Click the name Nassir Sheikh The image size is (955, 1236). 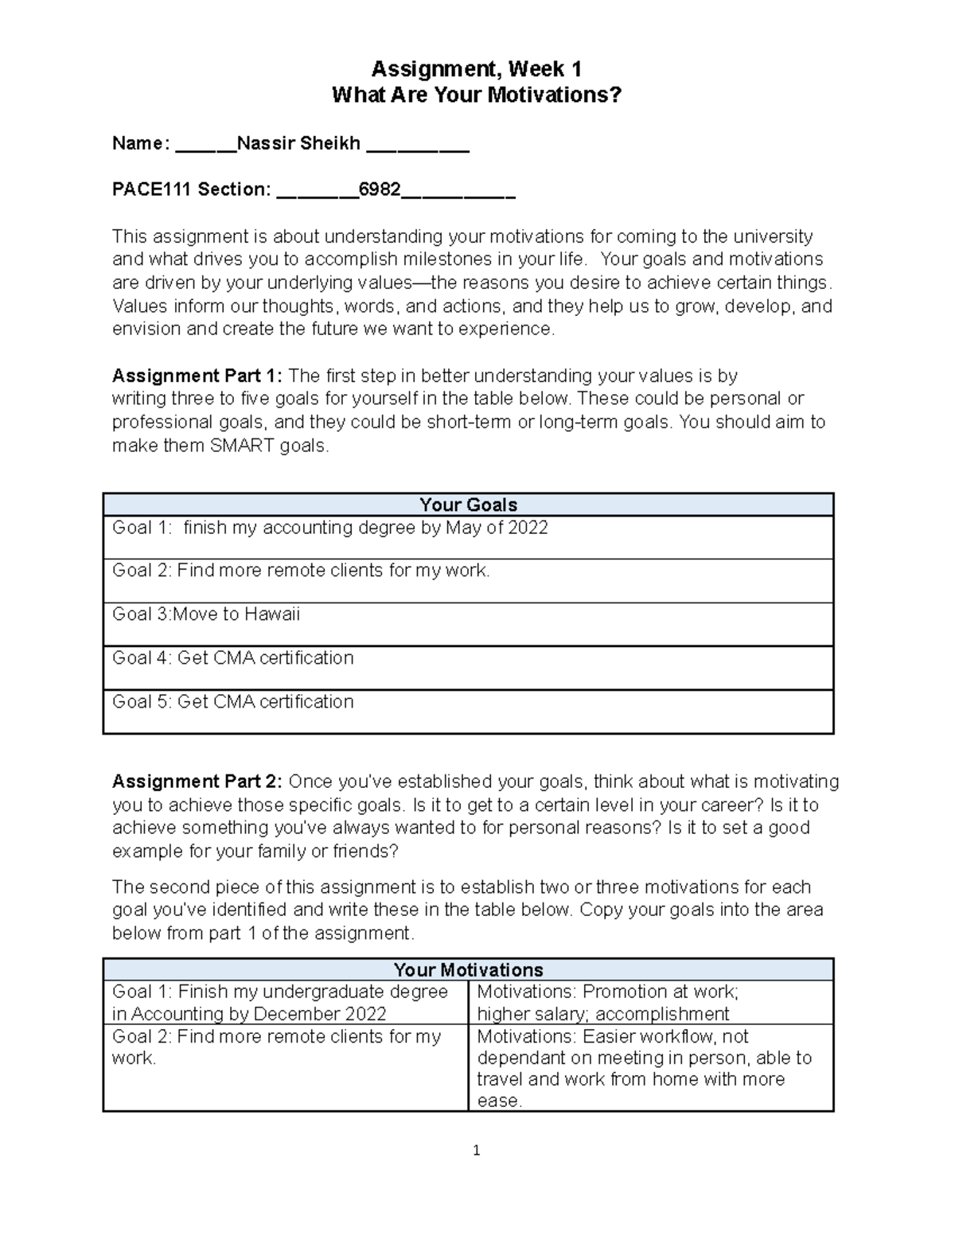coord(298,143)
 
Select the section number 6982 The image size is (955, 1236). coord(380,189)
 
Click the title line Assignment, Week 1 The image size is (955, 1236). coord(476,69)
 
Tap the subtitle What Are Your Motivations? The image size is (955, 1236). coord(476,96)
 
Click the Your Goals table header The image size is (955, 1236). coord(468,505)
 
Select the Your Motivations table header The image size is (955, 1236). coord(468,969)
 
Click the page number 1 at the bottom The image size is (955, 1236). coord(476,1150)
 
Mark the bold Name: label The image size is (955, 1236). coord(140,143)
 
